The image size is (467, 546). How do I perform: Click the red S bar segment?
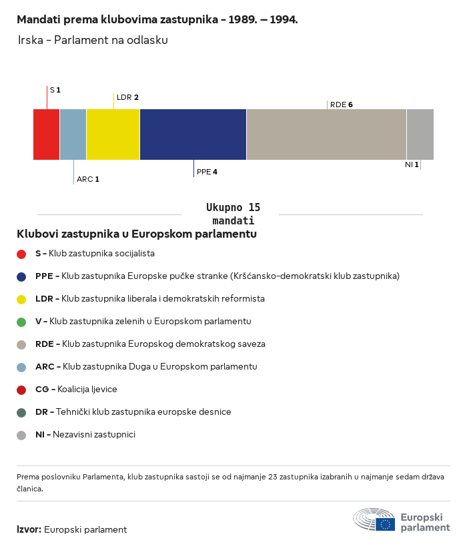click(x=47, y=135)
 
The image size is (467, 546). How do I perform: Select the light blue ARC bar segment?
click(x=73, y=135)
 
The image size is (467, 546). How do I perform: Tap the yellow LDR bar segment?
click(x=113, y=135)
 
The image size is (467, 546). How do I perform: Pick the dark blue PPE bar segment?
click(x=193, y=135)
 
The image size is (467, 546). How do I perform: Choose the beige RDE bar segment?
click(x=326, y=135)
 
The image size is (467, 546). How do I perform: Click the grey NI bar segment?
click(x=420, y=135)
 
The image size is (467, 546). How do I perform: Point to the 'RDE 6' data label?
click(x=342, y=105)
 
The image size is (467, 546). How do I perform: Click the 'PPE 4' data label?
click(x=207, y=172)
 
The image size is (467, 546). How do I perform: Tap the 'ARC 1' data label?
click(x=88, y=179)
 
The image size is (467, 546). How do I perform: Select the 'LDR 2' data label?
click(x=127, y=97)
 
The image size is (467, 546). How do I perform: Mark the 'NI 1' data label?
click(x=412, y=164)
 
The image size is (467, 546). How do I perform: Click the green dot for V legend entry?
click(x=21, y=322)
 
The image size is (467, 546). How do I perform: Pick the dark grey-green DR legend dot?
click(x=21, y=413)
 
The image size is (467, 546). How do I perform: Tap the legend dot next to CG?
click(x=21, y=390)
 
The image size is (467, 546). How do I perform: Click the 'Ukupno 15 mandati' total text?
click(x=233, y=214)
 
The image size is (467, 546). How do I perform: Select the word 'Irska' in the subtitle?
click(x=31, y=40)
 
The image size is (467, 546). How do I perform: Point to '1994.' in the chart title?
click(x=284, y=19)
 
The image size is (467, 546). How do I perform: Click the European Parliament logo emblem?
click(x=374, y=519)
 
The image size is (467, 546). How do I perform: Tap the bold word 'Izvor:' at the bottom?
click(x=29, y=529)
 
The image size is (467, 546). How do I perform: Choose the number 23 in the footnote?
click(x=273, y=477)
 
